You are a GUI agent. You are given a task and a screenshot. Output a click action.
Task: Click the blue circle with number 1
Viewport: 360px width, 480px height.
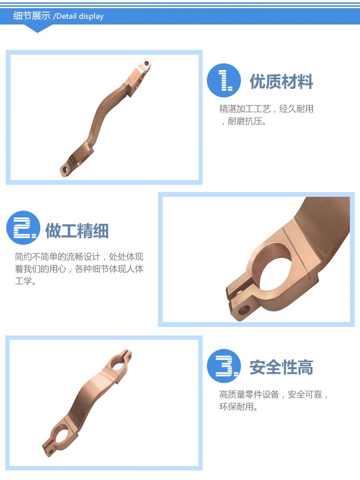coord(224,81)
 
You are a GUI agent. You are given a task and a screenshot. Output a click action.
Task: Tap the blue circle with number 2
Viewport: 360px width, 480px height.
coord(23,228)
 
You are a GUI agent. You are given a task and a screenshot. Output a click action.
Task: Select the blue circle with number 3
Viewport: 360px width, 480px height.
coord(224,366)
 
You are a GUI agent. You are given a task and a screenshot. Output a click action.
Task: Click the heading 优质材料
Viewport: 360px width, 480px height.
coord(281,82)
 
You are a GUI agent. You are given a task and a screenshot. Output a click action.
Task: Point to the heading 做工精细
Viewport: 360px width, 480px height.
coord(77,231)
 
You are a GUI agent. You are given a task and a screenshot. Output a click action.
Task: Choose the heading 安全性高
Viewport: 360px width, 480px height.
coord(281,367)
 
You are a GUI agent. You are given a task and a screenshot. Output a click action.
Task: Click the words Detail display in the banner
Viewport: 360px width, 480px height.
coord(80,16)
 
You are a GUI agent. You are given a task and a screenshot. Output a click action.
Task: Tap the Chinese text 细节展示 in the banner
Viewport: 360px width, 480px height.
coord(32,16)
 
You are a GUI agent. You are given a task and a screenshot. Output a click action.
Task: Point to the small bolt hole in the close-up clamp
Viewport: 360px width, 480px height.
coord(243,311)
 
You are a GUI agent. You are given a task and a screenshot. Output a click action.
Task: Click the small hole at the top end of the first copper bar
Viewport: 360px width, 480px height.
coord(146,64)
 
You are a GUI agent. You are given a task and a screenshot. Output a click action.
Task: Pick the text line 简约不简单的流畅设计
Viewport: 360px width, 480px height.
coord(58,256)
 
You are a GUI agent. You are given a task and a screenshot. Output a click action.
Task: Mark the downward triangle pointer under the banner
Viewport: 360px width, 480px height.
coord(37,28)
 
